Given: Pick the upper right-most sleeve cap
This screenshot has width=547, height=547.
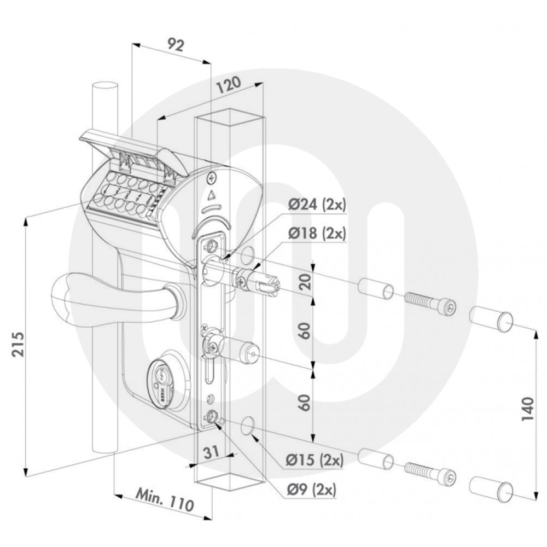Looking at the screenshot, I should [x=492, y=317].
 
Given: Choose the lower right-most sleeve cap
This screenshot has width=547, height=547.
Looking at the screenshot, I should [x=492, y=486].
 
